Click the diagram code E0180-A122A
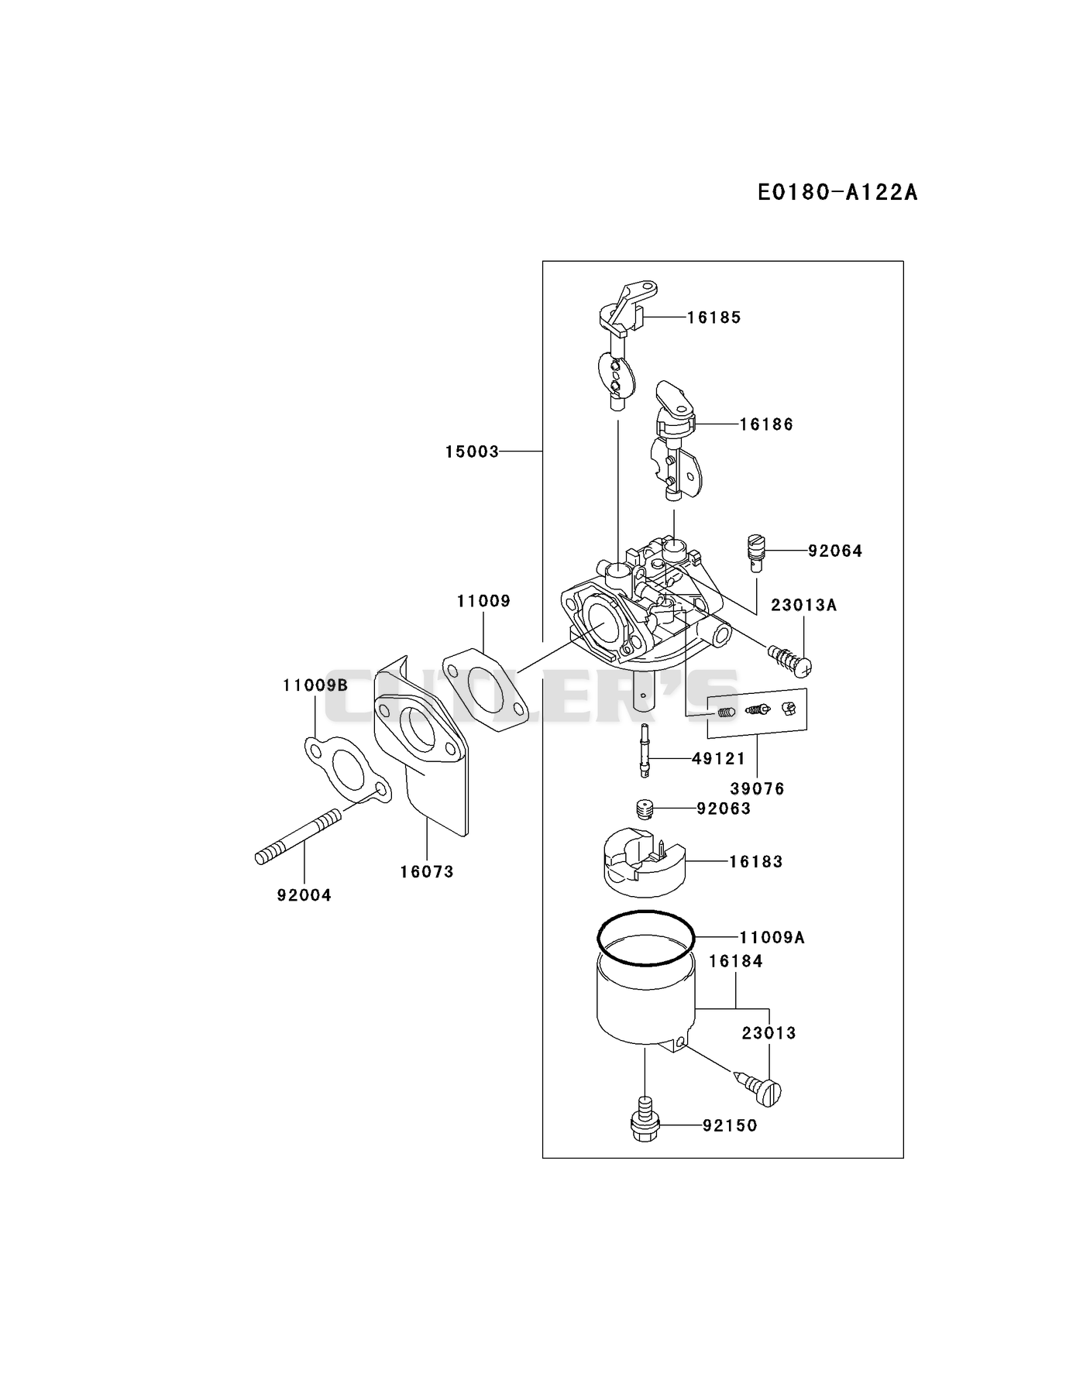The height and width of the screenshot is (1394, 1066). [x=837, y=191]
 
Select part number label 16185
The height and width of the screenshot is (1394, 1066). [x=714, y=318]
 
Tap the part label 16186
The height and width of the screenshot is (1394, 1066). [x=766, y=424]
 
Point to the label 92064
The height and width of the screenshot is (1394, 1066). [x=835, y=551]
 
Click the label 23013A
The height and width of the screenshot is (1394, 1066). [x=804, y=605]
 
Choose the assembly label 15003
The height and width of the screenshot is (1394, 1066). [x=472, y=452]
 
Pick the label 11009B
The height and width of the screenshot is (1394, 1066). [x=315, y=685]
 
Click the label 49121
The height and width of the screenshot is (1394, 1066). [x=719, y=759]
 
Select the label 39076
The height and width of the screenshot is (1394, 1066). [x=758, y=789]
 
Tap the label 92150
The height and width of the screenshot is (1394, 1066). [x=731, y=1125]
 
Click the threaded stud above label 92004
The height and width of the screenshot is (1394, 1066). [x=297, y=836]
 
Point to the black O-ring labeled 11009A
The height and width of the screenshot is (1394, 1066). [x=646, y=938]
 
